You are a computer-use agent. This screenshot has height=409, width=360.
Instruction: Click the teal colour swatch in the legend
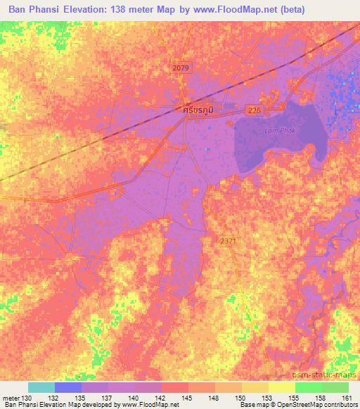[41, 387]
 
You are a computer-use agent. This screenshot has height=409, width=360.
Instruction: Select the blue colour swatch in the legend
[68, 387]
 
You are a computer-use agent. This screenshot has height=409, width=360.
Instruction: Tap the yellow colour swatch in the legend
[281, 387]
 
